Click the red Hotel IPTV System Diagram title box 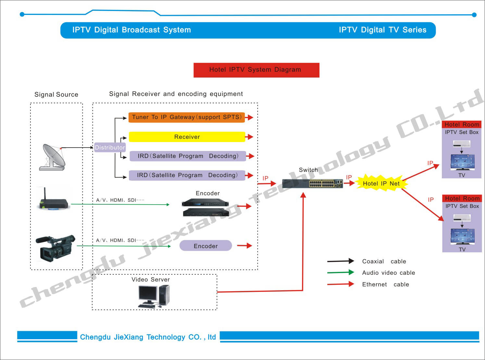click(256, 70)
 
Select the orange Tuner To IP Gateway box click(187, 117)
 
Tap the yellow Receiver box click(187, 137)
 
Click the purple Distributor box click(110, 148)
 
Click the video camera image click(56, 248)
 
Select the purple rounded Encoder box click(205, 246)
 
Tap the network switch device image click(313, 184)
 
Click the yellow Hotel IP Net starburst click(381, 183)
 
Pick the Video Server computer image click(154, 296)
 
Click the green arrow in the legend click(341, 272)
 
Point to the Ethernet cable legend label click(386, 284)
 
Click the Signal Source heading click(56, 94)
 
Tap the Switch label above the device click(308, 170)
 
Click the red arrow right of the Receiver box click(249, 137)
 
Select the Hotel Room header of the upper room click(462, 125)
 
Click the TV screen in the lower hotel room click(463, 236)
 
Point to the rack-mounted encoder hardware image click(205, 207)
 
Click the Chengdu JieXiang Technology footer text click(148, 337)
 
